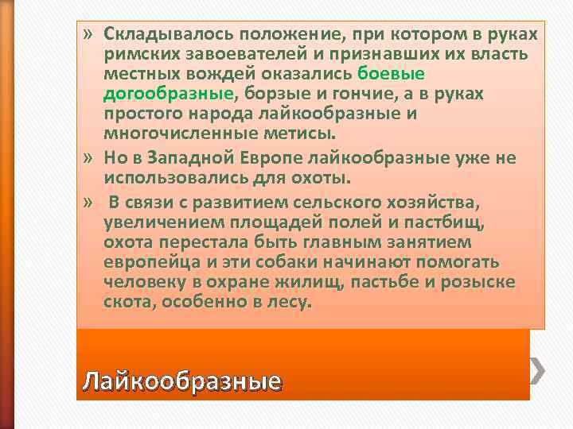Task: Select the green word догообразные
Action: (168, 94)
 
